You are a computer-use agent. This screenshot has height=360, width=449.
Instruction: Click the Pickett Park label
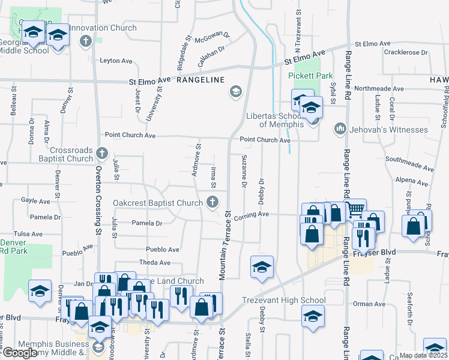coord(310,76)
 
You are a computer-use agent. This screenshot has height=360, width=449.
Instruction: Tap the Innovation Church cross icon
coord(86,41)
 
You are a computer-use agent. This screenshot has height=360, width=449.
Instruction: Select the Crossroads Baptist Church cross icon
coord(102,154)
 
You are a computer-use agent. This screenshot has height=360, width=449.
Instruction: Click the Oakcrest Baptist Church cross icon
coord(212,203)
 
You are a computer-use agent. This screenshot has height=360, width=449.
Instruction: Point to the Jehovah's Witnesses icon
coord(339,130)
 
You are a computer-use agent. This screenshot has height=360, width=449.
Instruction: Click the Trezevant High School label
coord(284,300)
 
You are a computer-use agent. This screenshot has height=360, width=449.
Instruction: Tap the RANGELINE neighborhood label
coord(200,80)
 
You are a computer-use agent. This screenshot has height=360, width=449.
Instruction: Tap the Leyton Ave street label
coord(116,61)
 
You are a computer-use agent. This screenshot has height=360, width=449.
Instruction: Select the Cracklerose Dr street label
coord(406,53)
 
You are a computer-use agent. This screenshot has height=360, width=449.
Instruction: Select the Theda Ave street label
coord(155,263)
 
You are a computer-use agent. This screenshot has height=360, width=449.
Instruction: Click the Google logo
coord(20,353)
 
